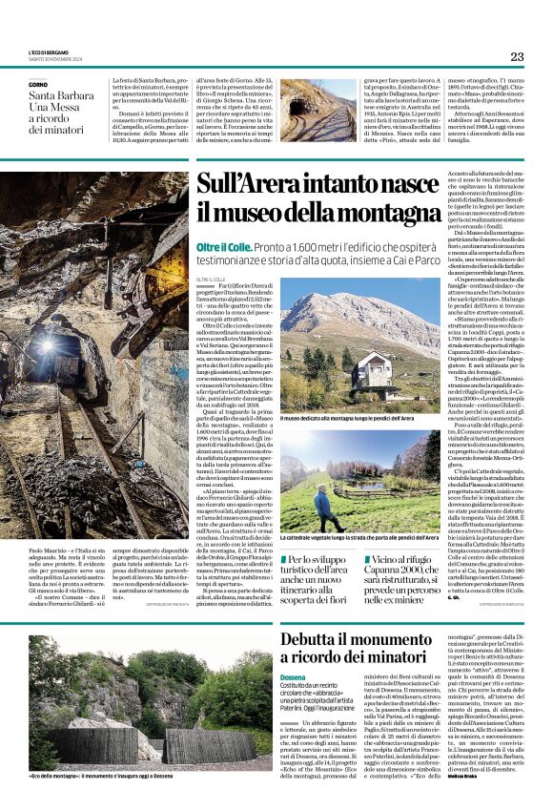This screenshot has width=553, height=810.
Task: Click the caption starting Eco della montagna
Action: coord(84,776)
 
